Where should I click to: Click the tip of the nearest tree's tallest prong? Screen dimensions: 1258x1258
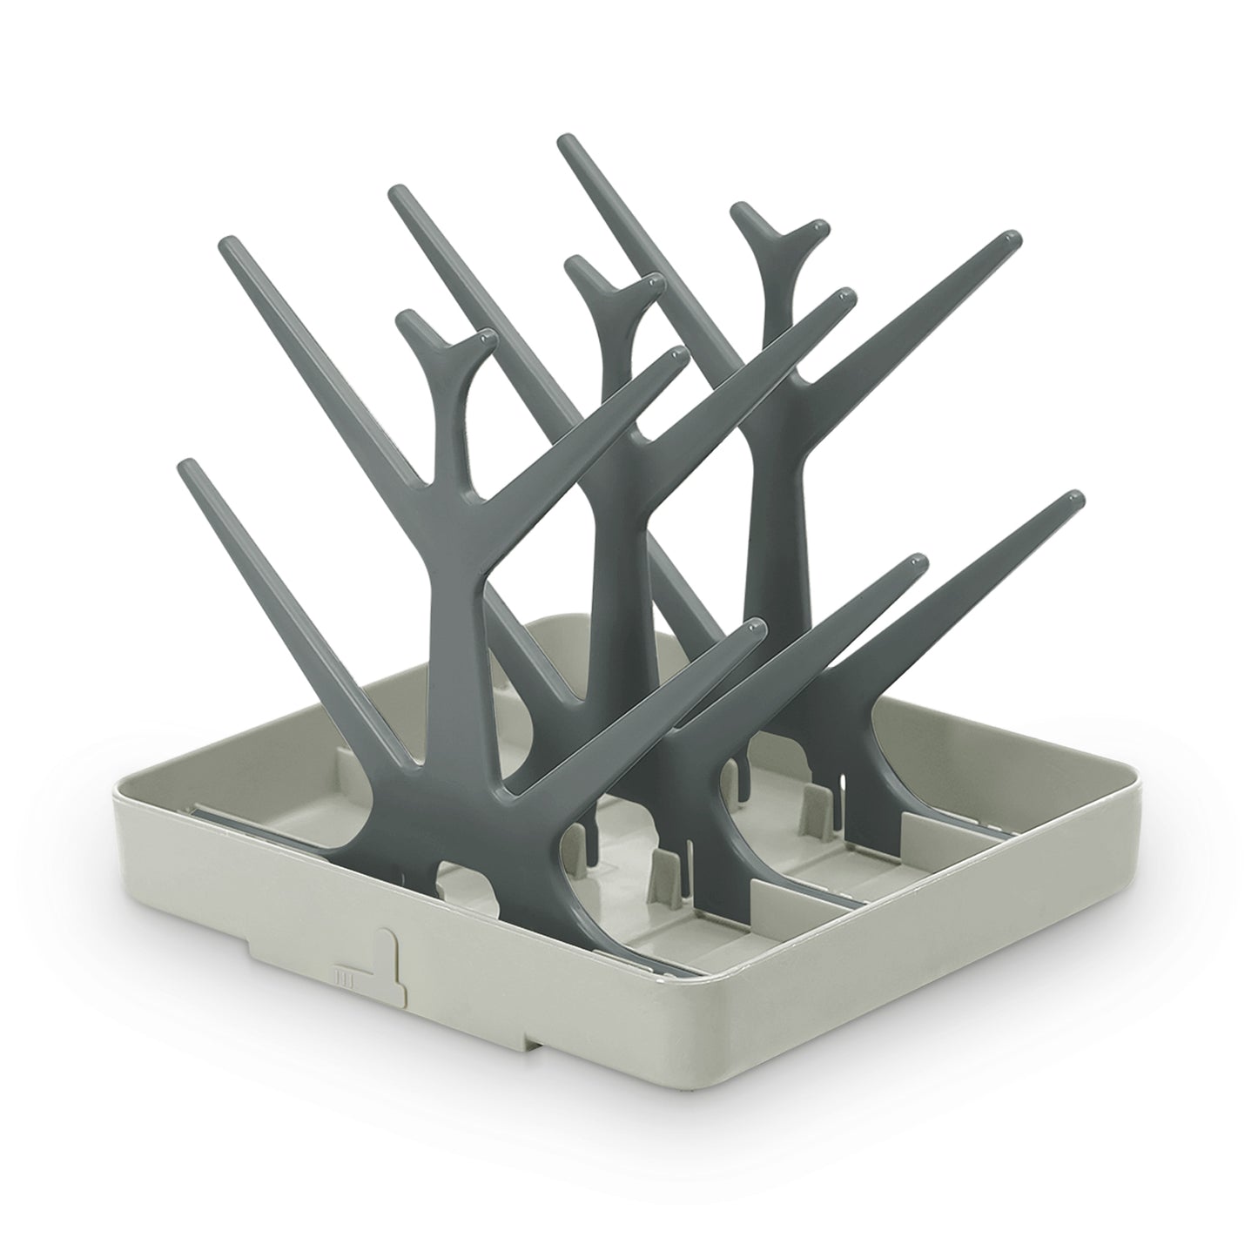[x=228, y=241]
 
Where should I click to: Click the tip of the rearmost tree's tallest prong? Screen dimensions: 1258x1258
[x=565, y=141]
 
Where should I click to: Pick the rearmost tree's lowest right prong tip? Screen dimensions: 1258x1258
[x=1078, y=499]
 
